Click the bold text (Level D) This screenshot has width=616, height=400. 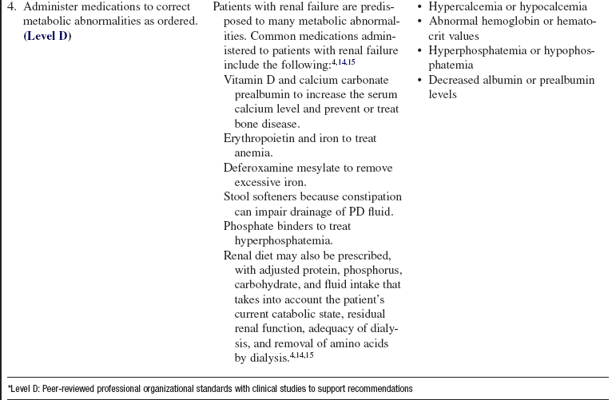pos(47,36)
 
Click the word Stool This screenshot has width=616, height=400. pos(237,196)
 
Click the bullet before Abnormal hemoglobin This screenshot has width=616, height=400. pos(421,22)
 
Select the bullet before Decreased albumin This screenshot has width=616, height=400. pos(421,80)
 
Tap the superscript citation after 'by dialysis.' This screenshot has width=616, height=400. pos(302,354)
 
